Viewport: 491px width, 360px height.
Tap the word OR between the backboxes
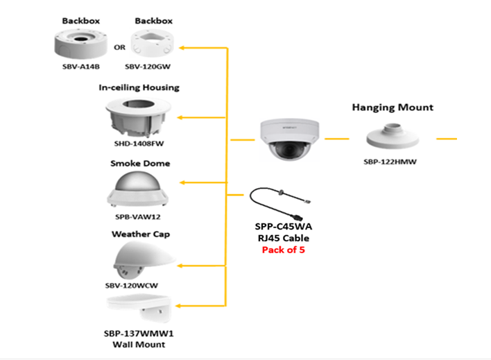[x=119, y=47]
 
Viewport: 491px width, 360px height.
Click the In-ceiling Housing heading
[x=139, y=87]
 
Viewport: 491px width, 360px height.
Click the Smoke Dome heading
[x=140, y=164]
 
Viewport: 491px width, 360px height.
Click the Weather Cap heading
[x=141, y=234]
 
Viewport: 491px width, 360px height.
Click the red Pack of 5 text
[x=283, y=250]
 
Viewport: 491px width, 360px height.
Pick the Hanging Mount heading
[x=393, y=108]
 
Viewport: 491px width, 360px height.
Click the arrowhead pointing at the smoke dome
[x=183, y=183]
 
